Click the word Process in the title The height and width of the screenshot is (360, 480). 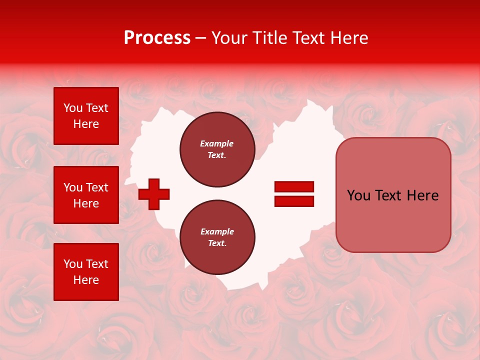[157, 38]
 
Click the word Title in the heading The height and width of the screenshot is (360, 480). [270, 38]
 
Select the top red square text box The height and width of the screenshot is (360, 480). [86, 116]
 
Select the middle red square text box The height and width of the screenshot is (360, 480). [86, 195]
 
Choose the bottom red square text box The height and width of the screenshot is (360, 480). [86, 272]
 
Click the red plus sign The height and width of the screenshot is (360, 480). [154, 194]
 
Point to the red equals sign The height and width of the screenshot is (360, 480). [294, 194]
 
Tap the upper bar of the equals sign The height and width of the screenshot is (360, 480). [294, 187]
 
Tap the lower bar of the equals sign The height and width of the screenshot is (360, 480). [294, 201]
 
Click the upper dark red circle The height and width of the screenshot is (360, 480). [217, 149]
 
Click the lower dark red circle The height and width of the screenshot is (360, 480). [217, 237]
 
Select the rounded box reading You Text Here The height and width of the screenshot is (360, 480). [393, 195]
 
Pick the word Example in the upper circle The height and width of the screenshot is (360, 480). [217, 143]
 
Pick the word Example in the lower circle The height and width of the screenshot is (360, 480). [217, 231]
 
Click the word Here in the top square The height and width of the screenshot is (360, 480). [86, 124]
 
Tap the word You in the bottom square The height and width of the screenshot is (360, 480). [72, 264]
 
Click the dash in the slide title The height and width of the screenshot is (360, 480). [201, 38]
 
